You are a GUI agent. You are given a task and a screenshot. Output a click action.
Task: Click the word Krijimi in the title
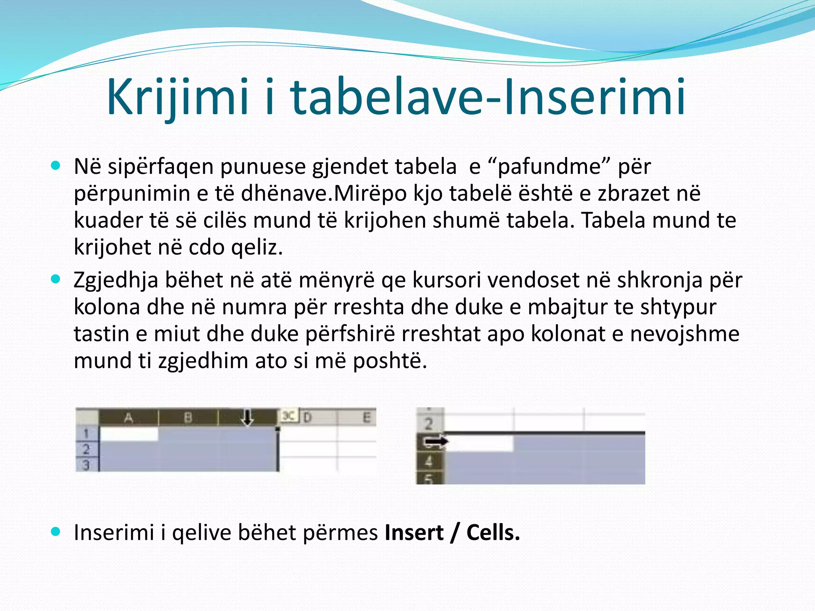tap(178, 97)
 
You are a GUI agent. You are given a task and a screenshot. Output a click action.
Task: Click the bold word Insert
tap(414, 532)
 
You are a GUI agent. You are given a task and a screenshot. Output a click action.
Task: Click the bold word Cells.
tap(493, 532)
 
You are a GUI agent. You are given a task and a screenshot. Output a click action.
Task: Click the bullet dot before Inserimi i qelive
tap(56, 531)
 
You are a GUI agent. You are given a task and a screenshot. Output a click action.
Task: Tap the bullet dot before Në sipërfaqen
tap(56, 165)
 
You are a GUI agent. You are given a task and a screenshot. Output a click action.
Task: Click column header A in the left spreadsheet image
tap(128, 417)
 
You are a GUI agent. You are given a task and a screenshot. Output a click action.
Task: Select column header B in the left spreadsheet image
tap(188, 417)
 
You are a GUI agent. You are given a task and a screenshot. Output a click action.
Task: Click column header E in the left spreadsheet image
tap(366, 417)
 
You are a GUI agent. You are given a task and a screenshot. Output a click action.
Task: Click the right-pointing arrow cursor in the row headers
tap(435, 442)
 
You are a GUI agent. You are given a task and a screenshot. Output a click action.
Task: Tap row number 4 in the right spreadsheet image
tap(428, 461)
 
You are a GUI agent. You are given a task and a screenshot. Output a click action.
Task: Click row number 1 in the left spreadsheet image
tap(86, 433)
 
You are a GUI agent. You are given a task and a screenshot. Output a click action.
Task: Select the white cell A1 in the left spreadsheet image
tap(129, 434)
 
